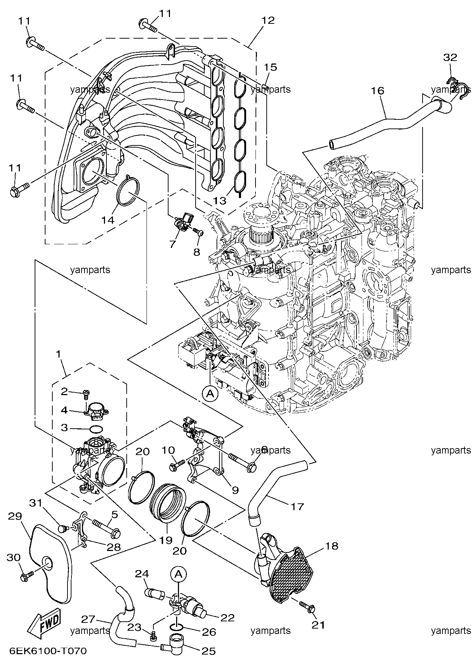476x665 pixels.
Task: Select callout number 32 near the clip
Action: [450, 57]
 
